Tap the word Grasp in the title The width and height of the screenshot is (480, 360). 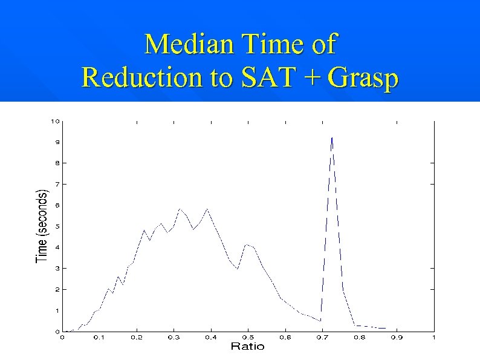coord(363,77)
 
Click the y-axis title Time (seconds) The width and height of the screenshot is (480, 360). coord(42,226)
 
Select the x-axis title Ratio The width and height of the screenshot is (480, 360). coord(247,347)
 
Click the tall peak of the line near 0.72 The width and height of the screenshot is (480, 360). coord(331,139)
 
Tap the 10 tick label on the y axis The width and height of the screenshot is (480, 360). coord(55,121)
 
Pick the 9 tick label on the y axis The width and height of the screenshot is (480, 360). coord(57,142)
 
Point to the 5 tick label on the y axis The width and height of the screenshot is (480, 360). coord(57,226)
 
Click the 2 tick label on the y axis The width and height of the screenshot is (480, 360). coord(57,289)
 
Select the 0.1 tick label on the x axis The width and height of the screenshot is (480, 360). coord(99,337)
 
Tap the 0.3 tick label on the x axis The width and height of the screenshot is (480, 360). coord(174,337)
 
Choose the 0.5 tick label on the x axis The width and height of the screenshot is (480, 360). coord(248,337)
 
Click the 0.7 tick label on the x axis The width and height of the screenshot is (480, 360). coord(322,337)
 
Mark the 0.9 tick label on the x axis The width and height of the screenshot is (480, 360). coord(397,337)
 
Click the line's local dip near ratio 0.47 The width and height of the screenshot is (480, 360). coord(238,269)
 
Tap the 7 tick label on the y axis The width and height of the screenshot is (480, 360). coord(57,184)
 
